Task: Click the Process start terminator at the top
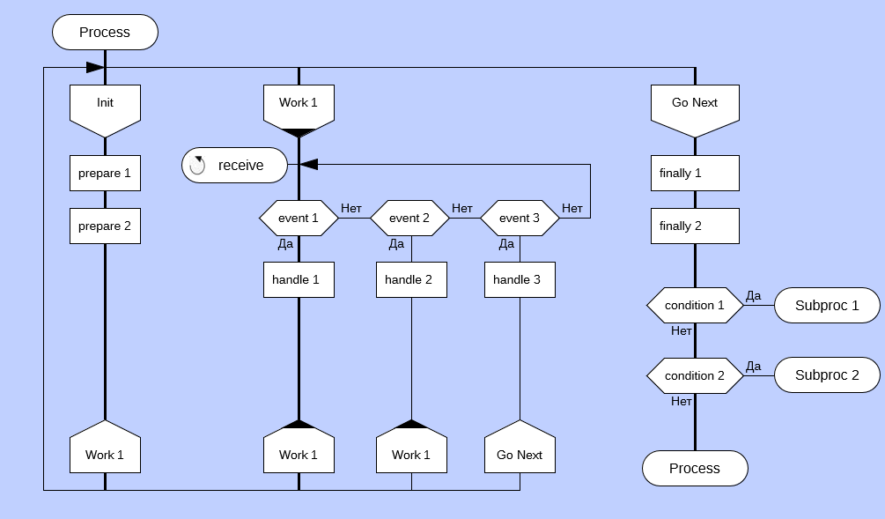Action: (105, 33)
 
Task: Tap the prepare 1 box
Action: (105, 174)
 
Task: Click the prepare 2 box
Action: (105, 226)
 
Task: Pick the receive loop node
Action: (236, 165)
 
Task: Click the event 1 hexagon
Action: (299, 218)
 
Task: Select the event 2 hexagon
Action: (409, 218)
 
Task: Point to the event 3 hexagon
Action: (520, 218)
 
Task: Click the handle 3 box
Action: (520, 280)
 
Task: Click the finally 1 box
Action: (695, 174)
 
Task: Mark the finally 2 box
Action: (695, 226)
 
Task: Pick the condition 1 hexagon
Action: (695, 306)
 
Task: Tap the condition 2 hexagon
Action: (695, 375)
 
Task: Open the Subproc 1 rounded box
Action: (827, 306)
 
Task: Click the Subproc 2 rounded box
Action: (827, 375)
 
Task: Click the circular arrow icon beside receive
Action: (198, 165)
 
